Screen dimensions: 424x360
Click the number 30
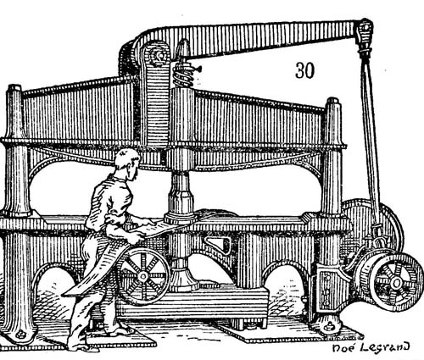tap(304, 70)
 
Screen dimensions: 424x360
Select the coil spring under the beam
tap(183, 75)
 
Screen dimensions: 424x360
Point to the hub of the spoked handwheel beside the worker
tap(142, 276)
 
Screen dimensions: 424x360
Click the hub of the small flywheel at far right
tap(396, 282)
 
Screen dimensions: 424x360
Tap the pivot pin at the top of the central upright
tap(156, 55)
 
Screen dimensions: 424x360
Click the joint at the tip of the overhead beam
tap(365, 30)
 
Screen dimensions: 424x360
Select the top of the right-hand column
tap(332, 102)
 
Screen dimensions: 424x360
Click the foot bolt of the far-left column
tap(20, 335)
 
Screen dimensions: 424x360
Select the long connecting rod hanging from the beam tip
tap(371, 141)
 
